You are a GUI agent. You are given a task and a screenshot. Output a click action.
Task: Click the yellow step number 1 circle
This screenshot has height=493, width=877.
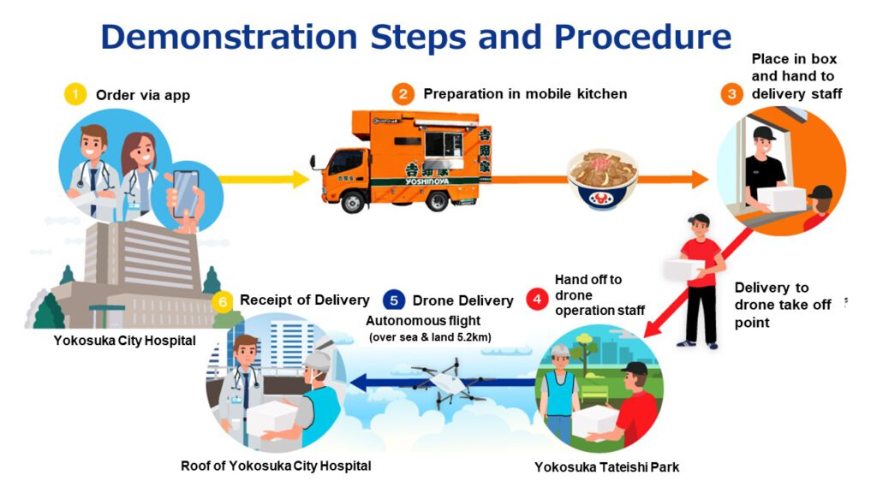point(75,94)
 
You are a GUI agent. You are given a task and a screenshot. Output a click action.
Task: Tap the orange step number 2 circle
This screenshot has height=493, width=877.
point(403,93)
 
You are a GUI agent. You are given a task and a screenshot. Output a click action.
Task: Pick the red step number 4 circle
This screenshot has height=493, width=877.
point(537,300)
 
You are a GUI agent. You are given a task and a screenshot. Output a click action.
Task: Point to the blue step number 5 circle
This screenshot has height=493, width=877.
point(393,300)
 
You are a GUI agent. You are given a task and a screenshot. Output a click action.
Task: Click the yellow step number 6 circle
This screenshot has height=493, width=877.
point(223,300)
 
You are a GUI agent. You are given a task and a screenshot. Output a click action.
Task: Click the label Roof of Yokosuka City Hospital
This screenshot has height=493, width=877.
point(276,466)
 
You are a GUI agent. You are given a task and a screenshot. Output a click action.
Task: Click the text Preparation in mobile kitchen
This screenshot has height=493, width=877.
point(525,94)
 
